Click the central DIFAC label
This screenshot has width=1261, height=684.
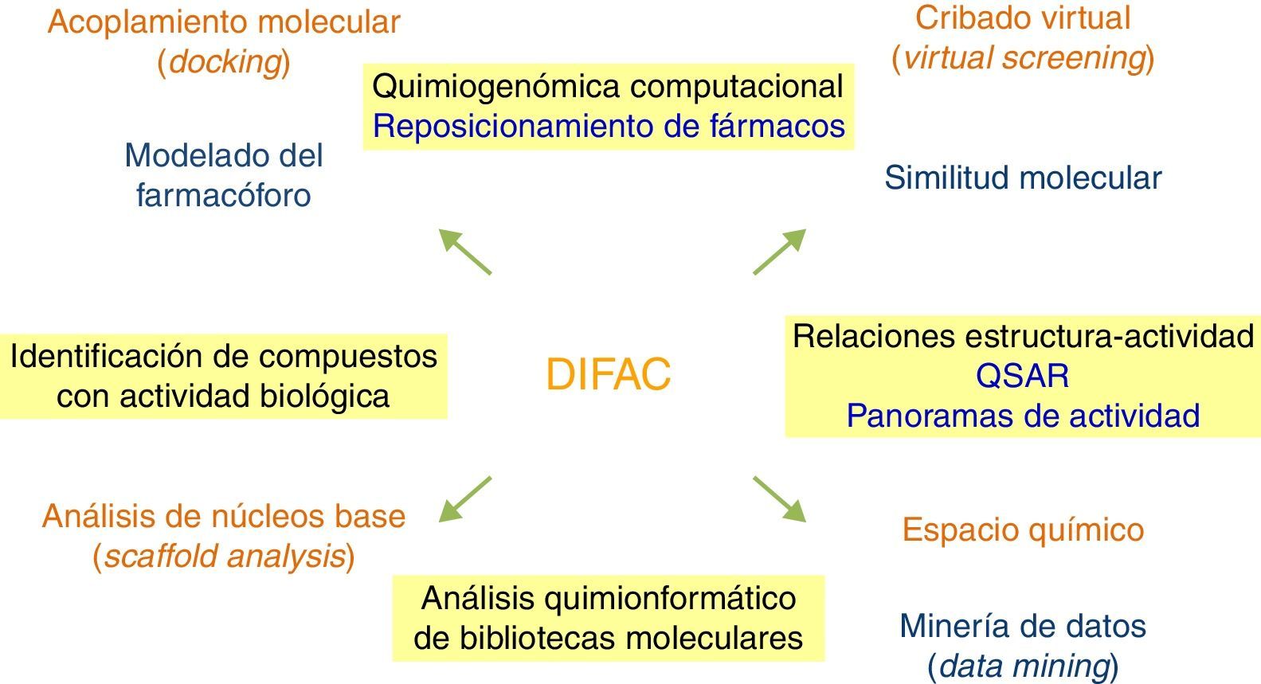[x=609, y=374]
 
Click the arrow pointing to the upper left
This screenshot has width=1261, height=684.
[x=465, y=252]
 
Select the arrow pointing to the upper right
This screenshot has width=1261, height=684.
[x=780, y=252]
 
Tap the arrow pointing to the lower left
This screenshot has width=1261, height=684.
[x=465, y=499]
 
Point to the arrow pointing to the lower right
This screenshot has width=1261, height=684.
[x=780, y=499]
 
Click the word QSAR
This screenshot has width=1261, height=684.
[x=1022, y=376]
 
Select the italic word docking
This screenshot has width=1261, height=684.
[x=224, y=62]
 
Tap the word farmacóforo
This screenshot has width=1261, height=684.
[x=224, y=195]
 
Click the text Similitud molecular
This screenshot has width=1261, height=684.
[x=1022, y=178]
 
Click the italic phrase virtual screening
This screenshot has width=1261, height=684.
[x=1023, y=57]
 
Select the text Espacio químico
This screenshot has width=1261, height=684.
[x=1023, y=530]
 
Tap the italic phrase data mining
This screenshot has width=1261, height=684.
[x=1023, y=665]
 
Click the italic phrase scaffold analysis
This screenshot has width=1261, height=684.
[x=224, y=556]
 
